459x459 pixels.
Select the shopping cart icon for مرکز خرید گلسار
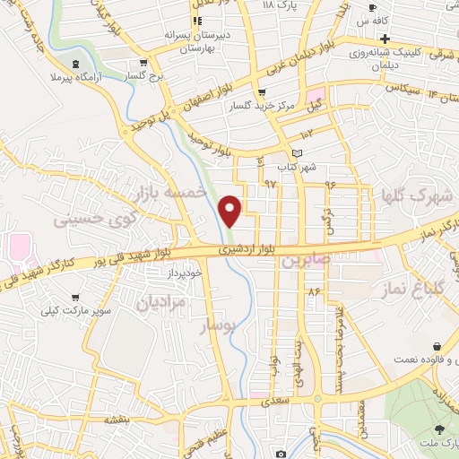[x=261, y=92]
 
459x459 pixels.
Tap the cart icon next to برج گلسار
[x=143, y=63]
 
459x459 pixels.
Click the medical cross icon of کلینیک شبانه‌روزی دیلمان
[x=384, y=39]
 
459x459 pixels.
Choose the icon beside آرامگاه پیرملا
[x=74, y=63]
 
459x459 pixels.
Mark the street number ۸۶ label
[x=313, y=292]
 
